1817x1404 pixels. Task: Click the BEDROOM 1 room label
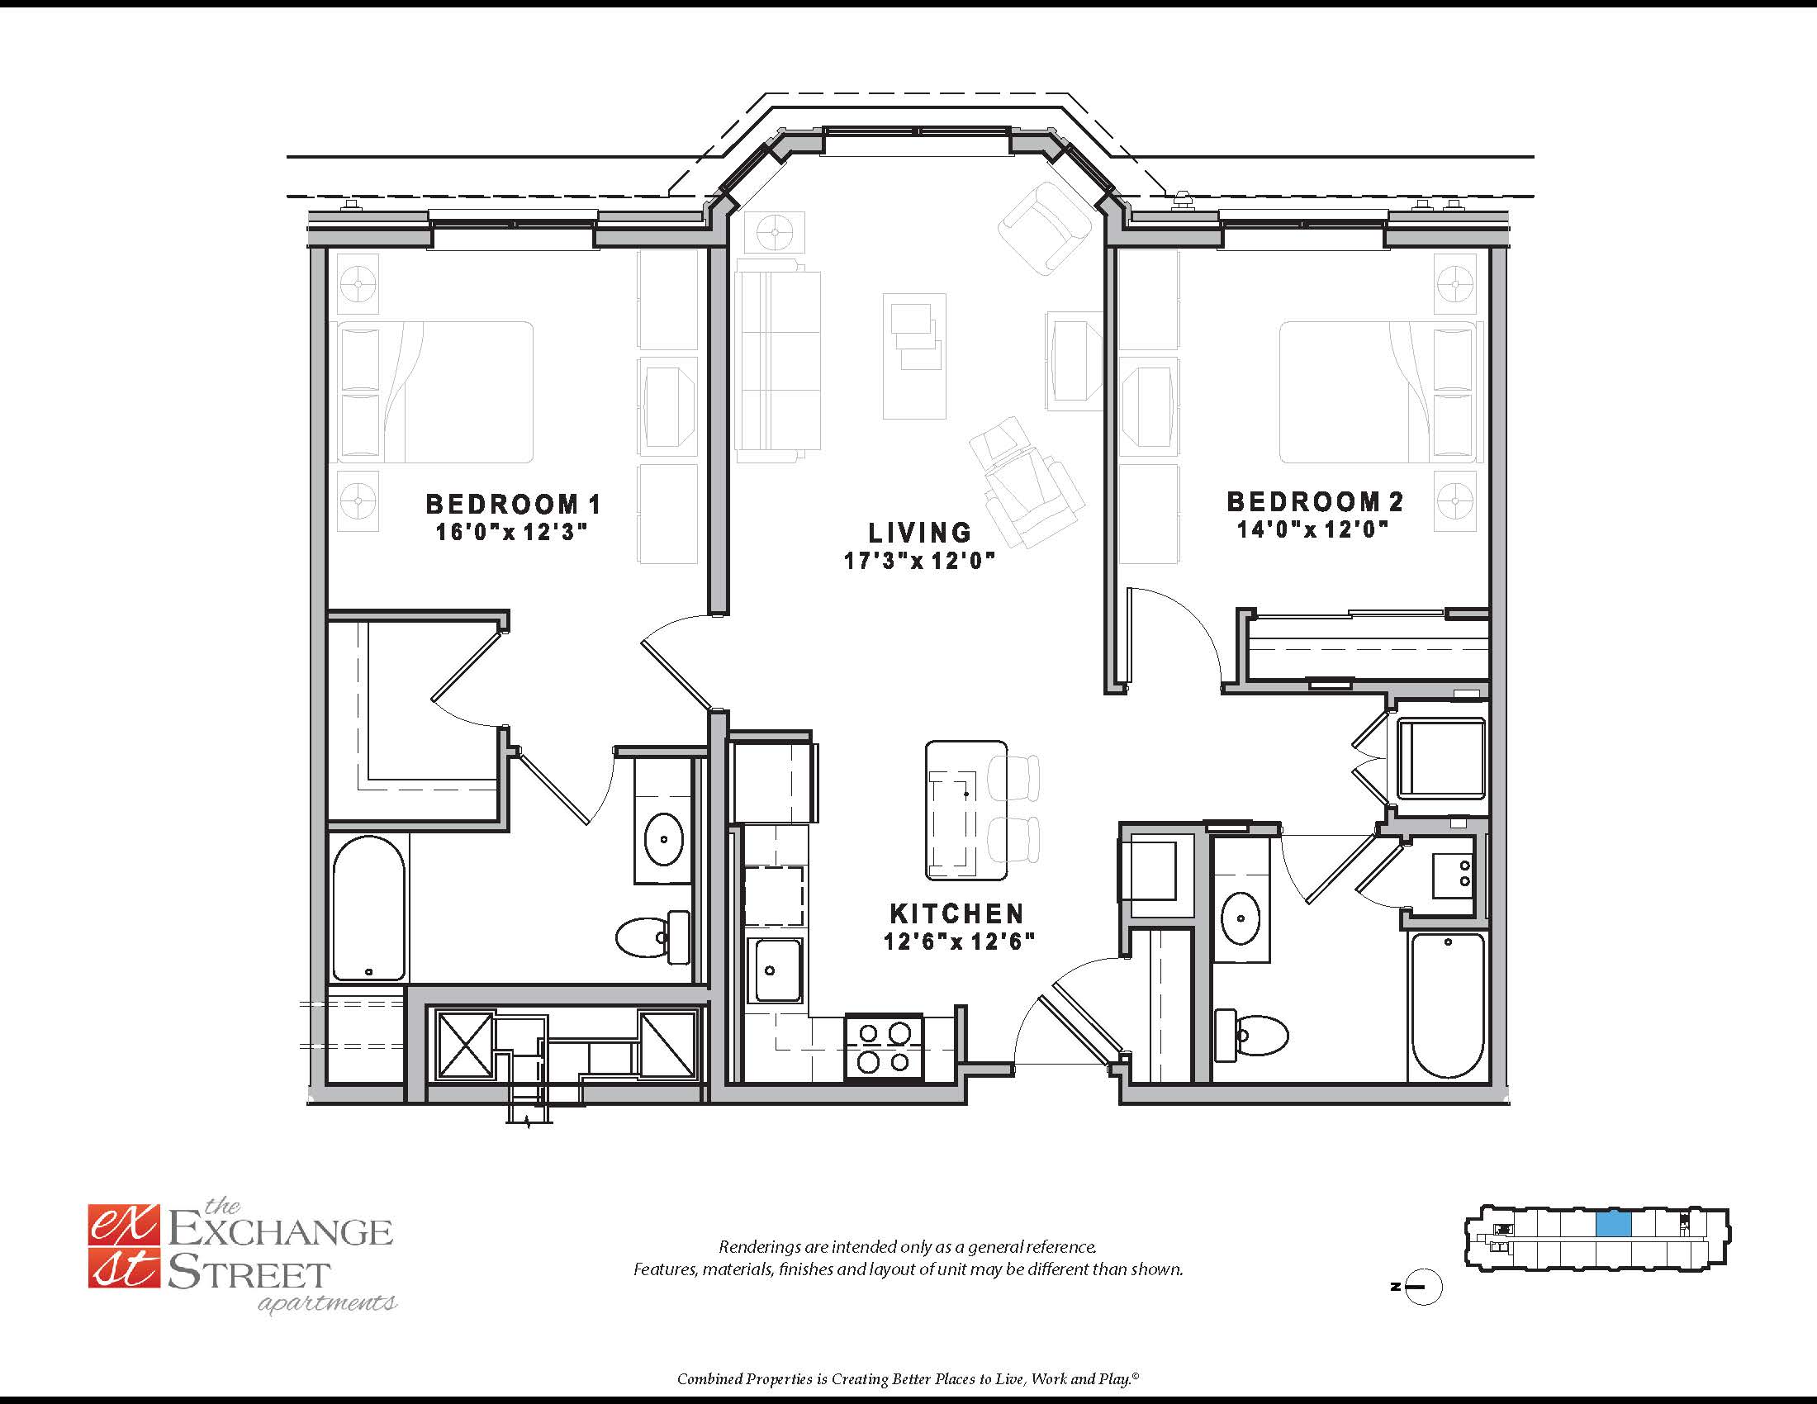[513, 504]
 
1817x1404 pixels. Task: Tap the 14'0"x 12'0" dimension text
[1313, 529]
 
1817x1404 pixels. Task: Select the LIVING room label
[920, 533]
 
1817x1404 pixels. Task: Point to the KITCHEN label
[956, 913]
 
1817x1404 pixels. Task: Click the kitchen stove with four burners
[884, 1048]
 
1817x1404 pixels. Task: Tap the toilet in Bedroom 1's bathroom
[653, 937]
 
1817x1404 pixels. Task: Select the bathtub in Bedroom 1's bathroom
[368, 909]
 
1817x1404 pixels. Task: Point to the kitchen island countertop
[966, 811]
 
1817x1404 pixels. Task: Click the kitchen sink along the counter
[778, 970]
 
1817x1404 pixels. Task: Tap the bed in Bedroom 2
[1381, 392]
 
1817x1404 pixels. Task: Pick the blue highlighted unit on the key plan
[1613, 1223]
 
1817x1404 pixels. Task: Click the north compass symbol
[1423, 1288]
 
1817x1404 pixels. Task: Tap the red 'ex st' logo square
[123, 1246]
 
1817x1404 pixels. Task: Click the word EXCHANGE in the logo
[280, 1231]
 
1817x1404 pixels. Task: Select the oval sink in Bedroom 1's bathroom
[664, 839]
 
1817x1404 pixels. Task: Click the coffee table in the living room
[914, 356]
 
